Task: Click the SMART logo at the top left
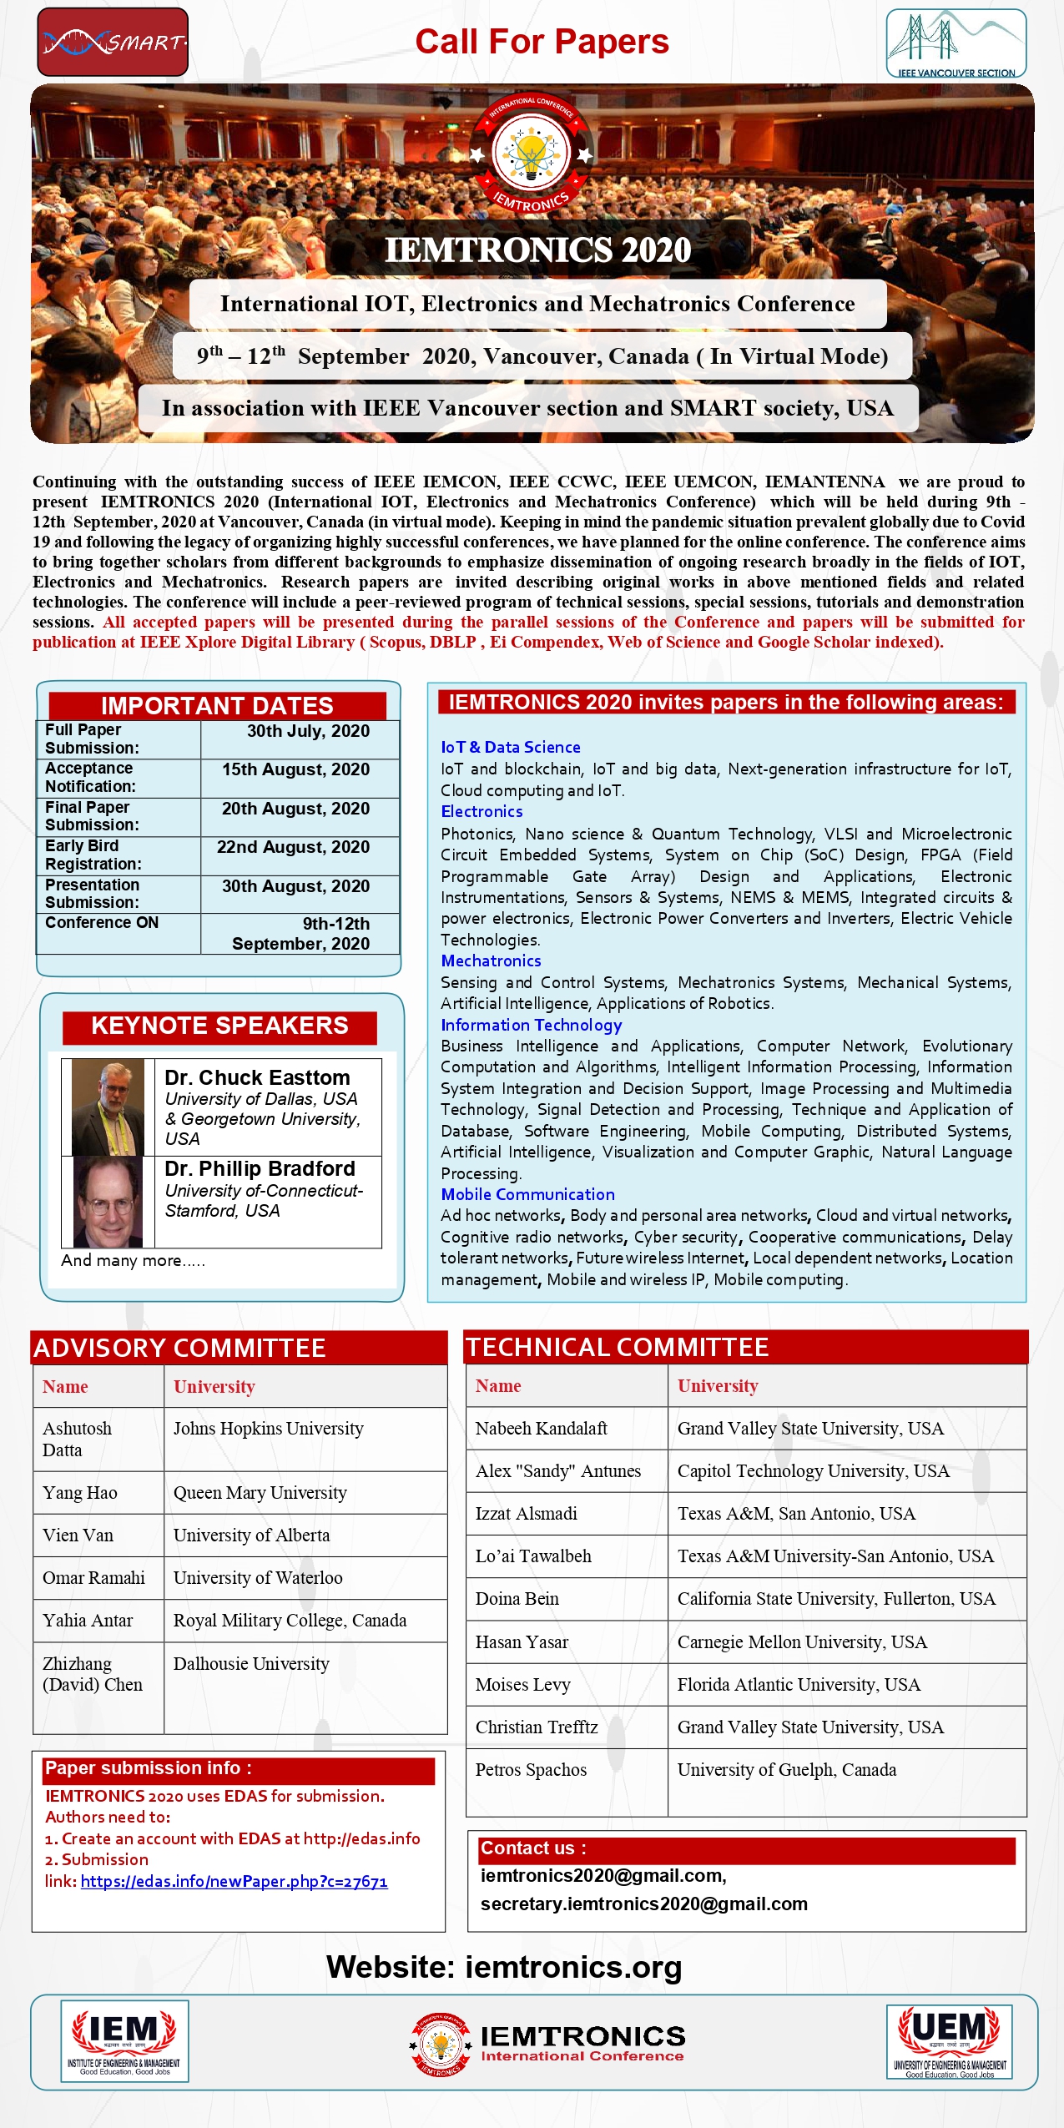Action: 113,42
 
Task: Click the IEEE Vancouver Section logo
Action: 956,43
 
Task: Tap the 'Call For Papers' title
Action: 542,42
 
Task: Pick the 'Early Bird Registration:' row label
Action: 93,855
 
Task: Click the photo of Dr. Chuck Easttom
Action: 108,1107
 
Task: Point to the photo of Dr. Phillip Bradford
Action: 108,1202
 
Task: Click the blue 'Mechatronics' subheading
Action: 491,961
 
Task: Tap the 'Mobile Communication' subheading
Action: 527,1194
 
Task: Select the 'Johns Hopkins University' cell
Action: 268,1429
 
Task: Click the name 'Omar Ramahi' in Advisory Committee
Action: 93,1577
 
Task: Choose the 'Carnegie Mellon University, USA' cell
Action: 802,1641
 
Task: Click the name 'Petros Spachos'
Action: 531,1769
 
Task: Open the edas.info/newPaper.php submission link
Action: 234,1881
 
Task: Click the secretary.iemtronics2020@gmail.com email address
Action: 643,1904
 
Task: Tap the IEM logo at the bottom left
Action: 124,2040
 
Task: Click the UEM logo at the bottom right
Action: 949,2040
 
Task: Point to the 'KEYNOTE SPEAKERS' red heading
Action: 219,1026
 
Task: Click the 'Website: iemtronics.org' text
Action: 504,1967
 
